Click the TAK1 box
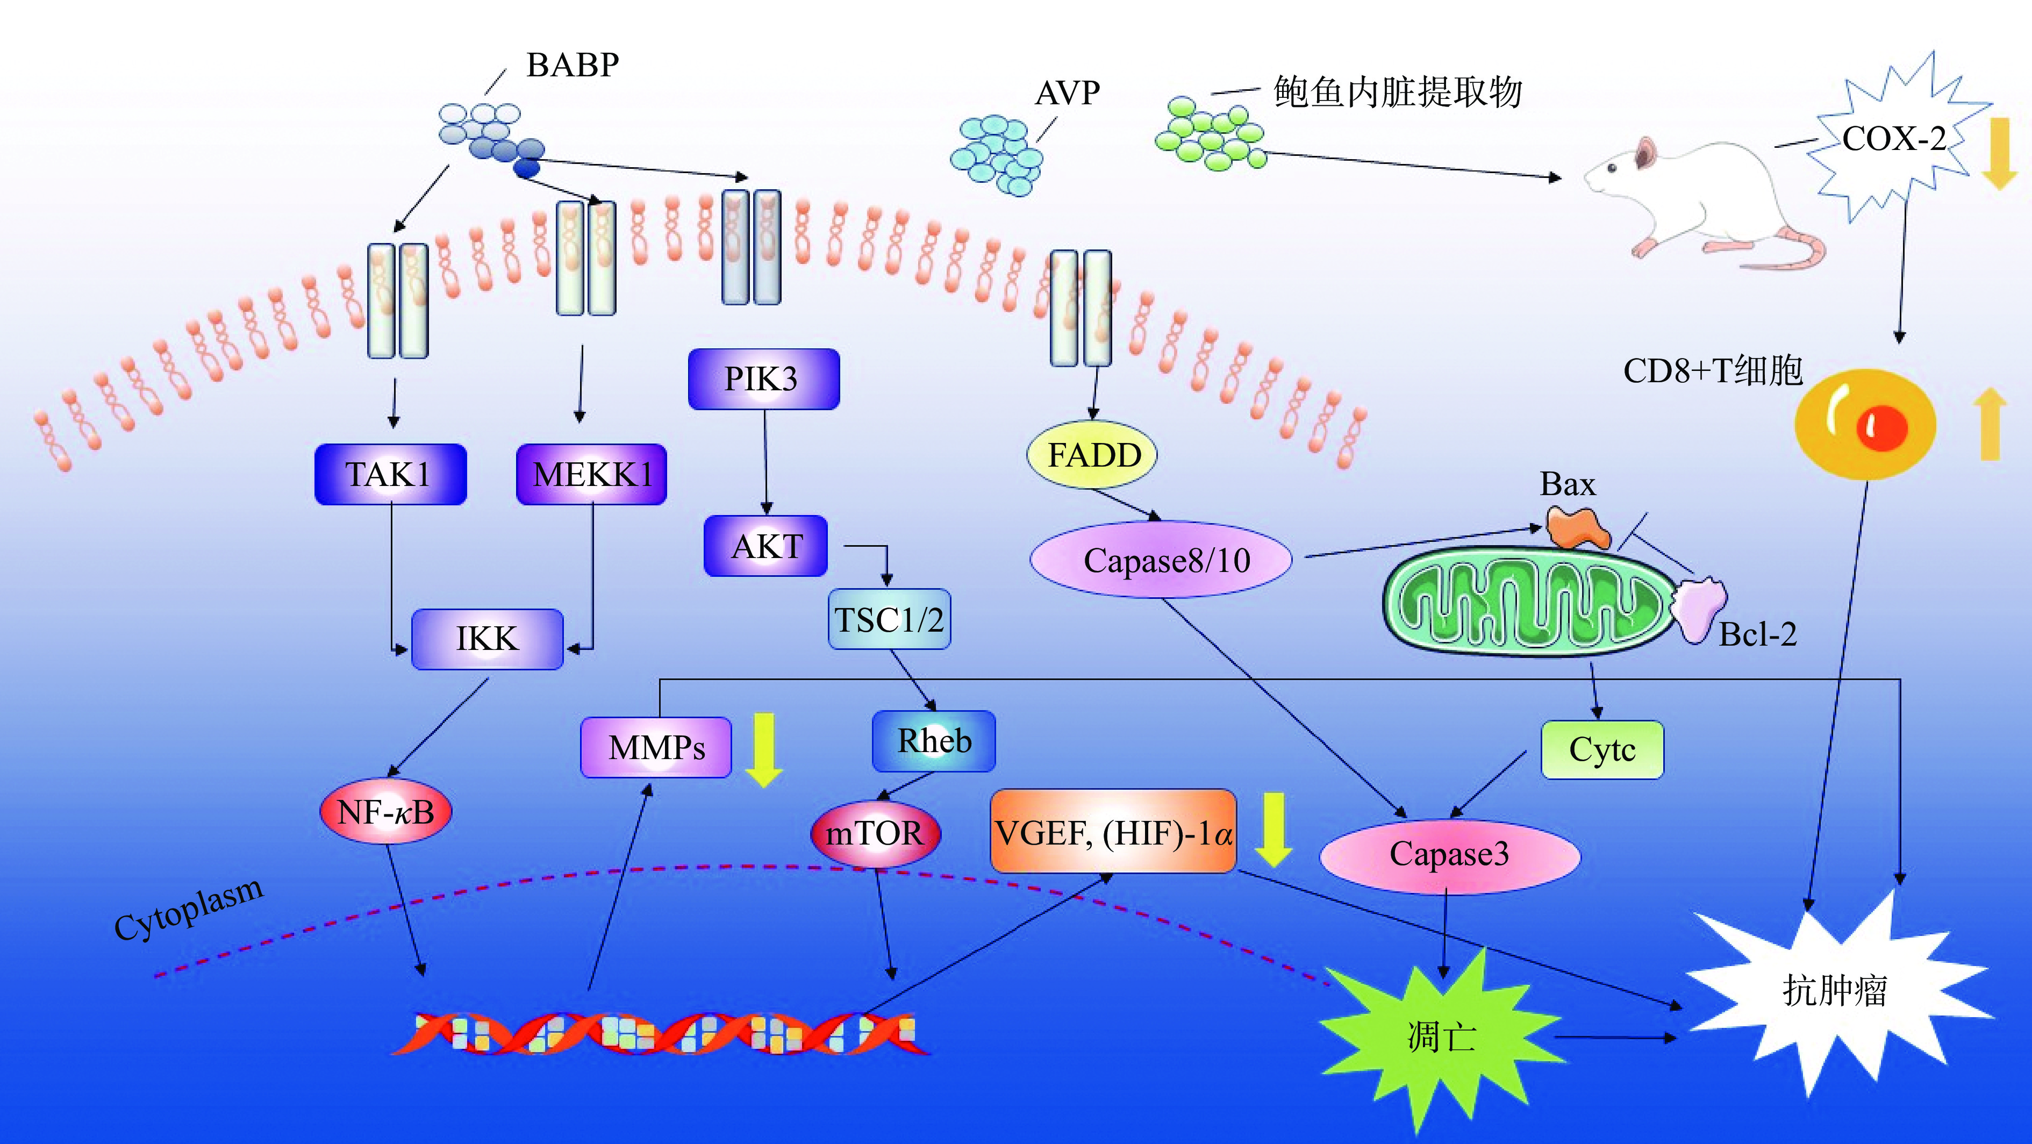click(x=390, y=474)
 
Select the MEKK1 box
click(x=592, y=474)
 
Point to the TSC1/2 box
click(x=889, y=619)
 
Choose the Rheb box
click(x=934, y=741)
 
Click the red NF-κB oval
click(x=386, y=812)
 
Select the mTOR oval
click(x=875, y=833)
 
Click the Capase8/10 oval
click(x=1162, y=560)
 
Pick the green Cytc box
click(x=1602, y=749)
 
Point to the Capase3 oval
click(x=1449, y=854)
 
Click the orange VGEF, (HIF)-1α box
click(x=1113, y=832)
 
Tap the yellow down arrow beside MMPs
click(x=763, y=749)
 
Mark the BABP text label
click(x=573, y=65)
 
